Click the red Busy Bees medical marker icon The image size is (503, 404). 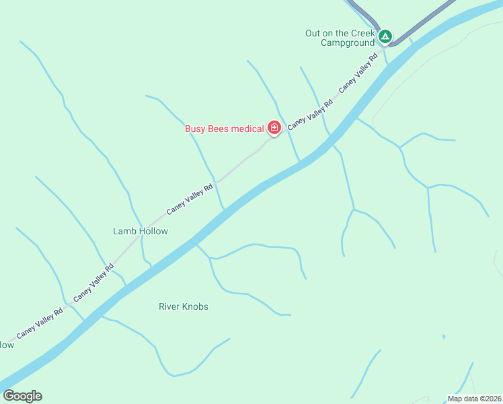[274, 127]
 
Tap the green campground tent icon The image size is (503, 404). [385, 36]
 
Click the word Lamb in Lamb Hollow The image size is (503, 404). [124, 231]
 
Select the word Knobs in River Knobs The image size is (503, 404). [196, 306]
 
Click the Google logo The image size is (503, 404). [22, 396]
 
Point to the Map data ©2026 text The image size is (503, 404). [474, 399]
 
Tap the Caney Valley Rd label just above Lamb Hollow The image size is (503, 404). [190, 199]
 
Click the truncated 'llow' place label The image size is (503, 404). [6, 345]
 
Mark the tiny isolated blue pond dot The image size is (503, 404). [444, 337]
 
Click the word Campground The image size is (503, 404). [348, 43]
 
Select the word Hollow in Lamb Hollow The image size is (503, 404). [153, 231]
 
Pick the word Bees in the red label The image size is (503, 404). [219, 129]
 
